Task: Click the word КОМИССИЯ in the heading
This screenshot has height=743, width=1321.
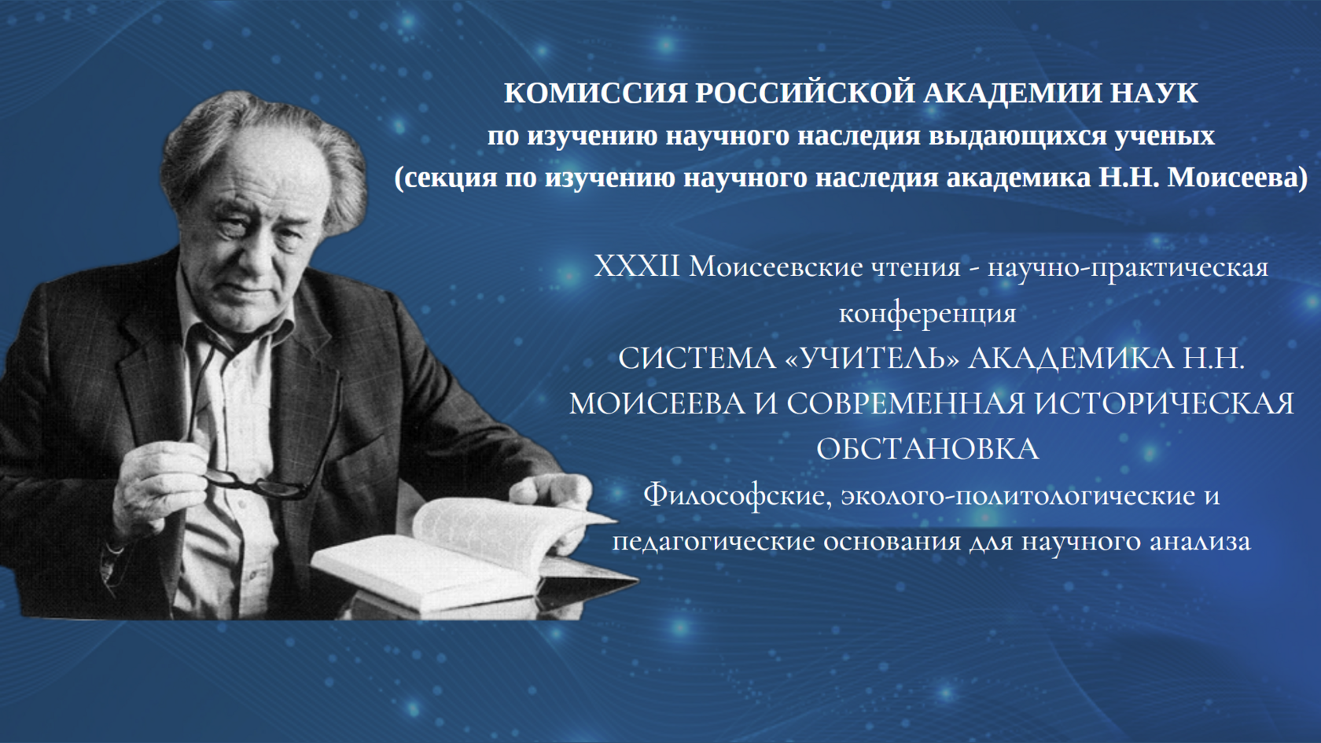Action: click(x=595, y=93)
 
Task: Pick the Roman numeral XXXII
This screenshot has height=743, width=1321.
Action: click(x=637, y=267)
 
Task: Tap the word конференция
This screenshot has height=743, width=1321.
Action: click(x=928, y=313)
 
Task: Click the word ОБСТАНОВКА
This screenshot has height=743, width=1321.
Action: click(x=928, y=450)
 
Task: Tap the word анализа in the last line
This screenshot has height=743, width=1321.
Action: click(x=1200, y=541)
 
